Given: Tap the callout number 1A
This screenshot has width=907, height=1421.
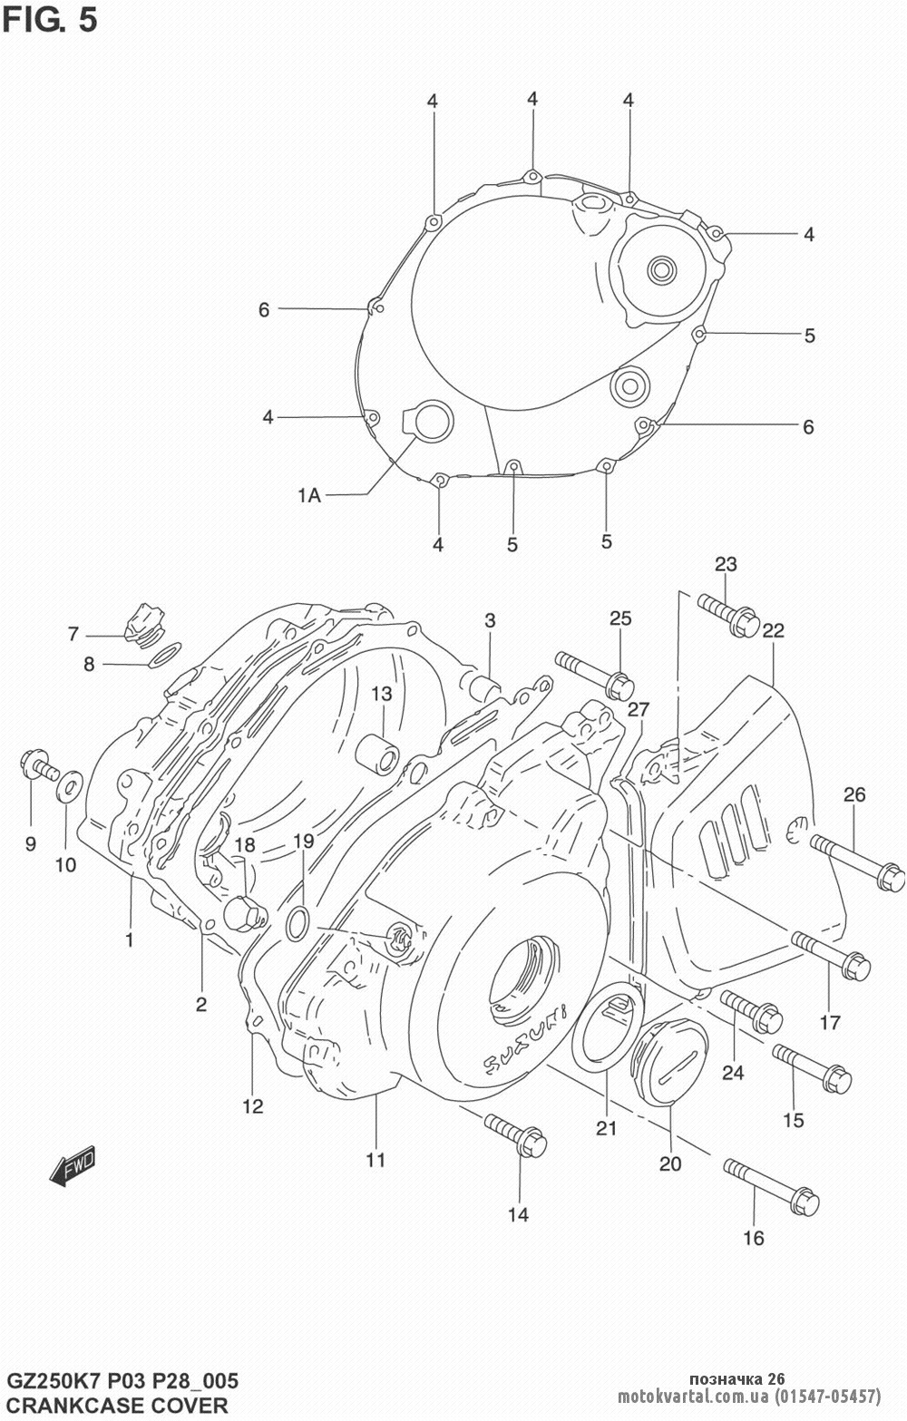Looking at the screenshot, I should [x=308, y=495].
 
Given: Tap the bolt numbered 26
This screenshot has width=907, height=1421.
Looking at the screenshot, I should [x=856, y=862].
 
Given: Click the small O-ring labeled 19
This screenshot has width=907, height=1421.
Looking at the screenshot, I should [x=296, y=924].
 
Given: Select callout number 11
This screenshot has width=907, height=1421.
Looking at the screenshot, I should [x=375, y=1159].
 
